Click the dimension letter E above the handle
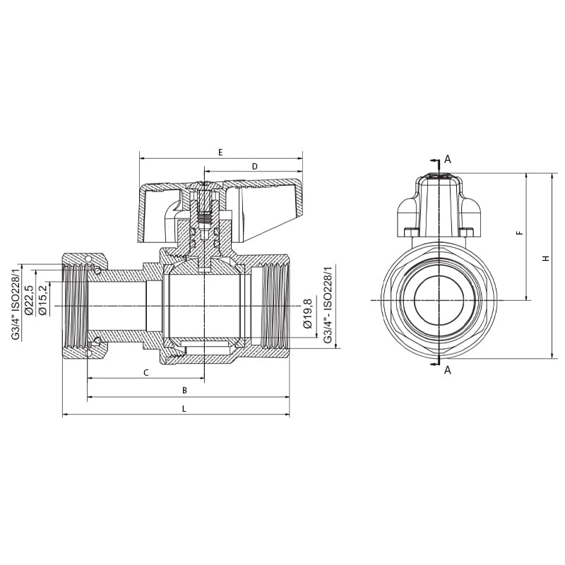220,152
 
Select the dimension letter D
254,166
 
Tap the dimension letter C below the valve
145,372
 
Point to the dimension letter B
184,390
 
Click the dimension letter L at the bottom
184,408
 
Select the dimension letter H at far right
545,258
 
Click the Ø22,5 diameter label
29,299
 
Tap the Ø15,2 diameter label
42,299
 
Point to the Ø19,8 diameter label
307,314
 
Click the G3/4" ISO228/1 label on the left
16,303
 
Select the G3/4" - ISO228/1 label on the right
327,305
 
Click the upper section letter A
448,160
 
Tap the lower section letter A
448,369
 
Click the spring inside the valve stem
204,218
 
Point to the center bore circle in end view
439,300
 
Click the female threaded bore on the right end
274,305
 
